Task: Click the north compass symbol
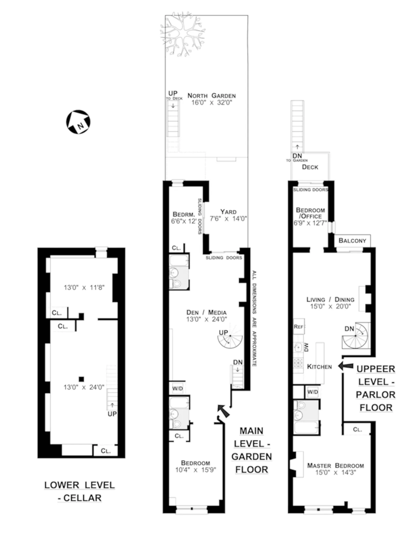[78, 122]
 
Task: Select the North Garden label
[212, 96]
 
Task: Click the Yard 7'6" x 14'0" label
[228, 215]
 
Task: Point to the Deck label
[310, 167]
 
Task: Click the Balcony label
[352, 241]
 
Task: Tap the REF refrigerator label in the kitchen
[299, 327]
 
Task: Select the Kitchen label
[319, 367]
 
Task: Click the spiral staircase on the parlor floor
[356, 336]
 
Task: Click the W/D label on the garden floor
[178, 389]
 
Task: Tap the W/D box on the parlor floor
[313, 392]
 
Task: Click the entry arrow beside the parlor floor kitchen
[346, 366]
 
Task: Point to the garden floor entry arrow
[223, 411]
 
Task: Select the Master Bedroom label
[335, 466]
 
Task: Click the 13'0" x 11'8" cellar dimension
[84, 287]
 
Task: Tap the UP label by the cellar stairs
[112, 414]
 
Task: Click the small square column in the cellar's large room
[81, 379]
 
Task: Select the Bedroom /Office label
[310, 213]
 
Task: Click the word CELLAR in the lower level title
[82, 498]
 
